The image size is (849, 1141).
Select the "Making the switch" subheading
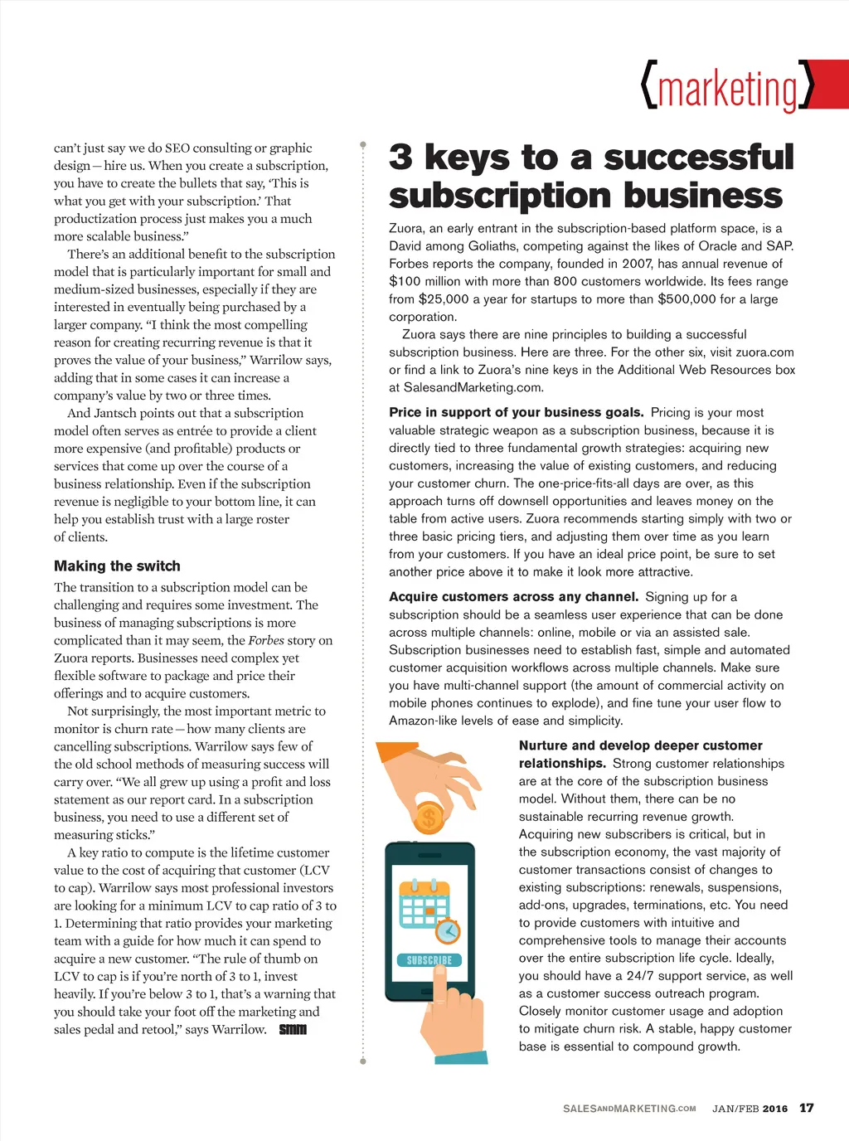[x=117, y=566]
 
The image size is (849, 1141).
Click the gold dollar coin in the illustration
[x=429, y=818]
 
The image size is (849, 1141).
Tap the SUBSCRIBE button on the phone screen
[x=429, y=960]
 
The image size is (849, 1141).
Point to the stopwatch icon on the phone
[x=448, y=930]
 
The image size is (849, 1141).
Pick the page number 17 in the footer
[x=807, y=1108]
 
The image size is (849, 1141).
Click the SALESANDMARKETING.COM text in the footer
[x=629, y=1109]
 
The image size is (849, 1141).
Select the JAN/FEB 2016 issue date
[x=750, y=1109]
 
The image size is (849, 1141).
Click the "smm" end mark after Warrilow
[x=293, y=1029]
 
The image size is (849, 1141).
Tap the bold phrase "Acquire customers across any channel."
[x=513, y=596]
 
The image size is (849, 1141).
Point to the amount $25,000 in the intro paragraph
[x=444, y=299]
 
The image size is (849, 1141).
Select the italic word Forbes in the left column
[x=266, y=640]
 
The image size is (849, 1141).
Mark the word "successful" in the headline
[x=698, y=157]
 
